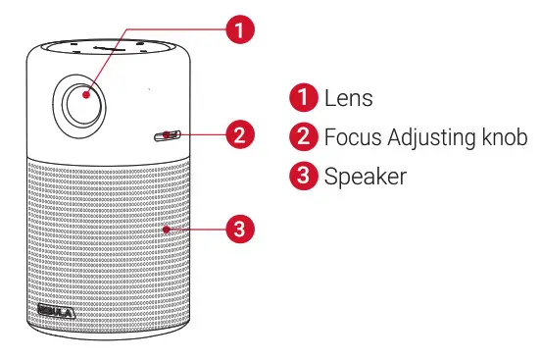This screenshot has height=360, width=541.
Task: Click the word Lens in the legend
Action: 348,98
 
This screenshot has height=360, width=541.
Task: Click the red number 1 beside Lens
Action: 304,98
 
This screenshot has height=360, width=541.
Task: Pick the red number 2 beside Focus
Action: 304,137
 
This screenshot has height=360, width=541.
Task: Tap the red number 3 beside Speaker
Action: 304,177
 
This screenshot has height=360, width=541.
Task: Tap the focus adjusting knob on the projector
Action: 169,134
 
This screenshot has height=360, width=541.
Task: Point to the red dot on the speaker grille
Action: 169,230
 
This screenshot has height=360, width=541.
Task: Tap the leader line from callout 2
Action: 201,134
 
